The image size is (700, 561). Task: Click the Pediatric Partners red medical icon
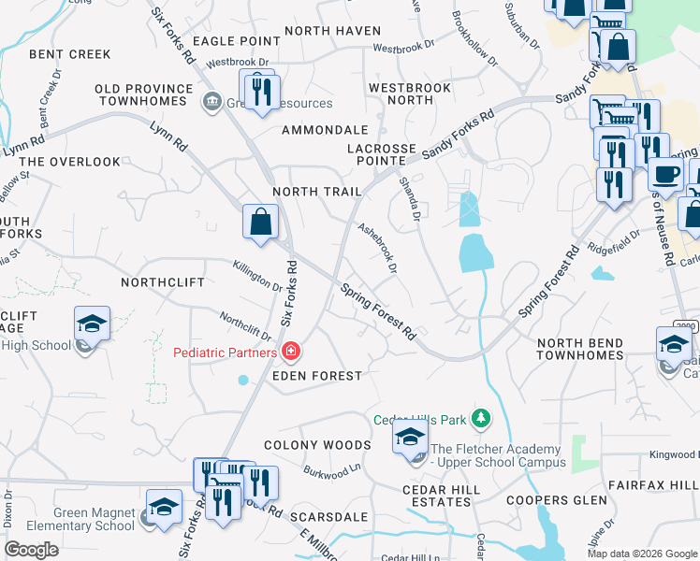pos(291,352)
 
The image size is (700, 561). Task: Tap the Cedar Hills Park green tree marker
pos(480,417)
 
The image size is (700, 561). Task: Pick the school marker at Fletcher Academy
pos(410,438)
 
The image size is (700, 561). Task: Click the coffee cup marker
pos(665,174)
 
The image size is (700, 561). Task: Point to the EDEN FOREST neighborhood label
pos(316,376)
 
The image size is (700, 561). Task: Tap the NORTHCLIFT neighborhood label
pos(162,281)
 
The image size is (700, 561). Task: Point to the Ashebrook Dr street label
pos(378,247)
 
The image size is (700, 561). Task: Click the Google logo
pos(32,550)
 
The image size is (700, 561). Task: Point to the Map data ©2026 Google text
pos(642,554)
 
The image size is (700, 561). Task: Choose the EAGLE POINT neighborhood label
pos(236,41)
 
